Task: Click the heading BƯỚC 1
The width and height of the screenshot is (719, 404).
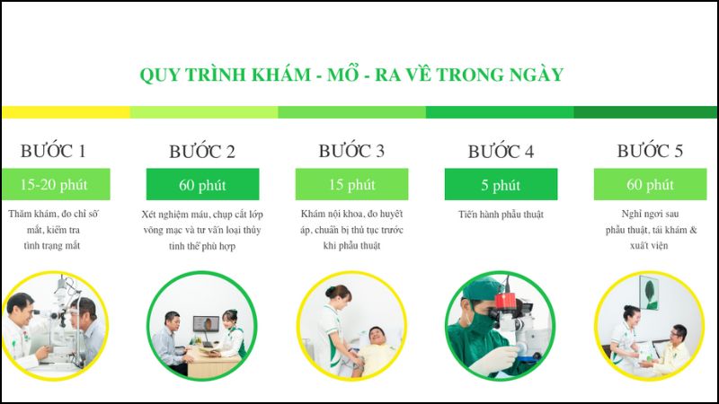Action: (53, 150)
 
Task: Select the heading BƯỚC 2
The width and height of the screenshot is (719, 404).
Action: (202, 151)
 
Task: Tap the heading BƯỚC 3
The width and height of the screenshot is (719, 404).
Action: (351, 150)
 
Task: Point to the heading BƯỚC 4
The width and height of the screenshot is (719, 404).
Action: (501, 151)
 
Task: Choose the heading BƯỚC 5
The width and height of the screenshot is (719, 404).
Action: (650, 150)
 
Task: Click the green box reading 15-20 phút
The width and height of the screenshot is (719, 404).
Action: (55, 184)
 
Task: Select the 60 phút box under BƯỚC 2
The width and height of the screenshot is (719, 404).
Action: (202, 185)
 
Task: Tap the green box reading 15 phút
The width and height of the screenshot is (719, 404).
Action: (351, 184)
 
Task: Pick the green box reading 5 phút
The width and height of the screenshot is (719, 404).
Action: (501, 185)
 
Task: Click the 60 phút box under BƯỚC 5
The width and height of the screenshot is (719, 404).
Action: (650, 184)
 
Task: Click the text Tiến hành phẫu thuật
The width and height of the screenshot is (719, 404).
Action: (501, 215)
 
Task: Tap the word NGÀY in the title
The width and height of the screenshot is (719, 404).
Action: (536, 74)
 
